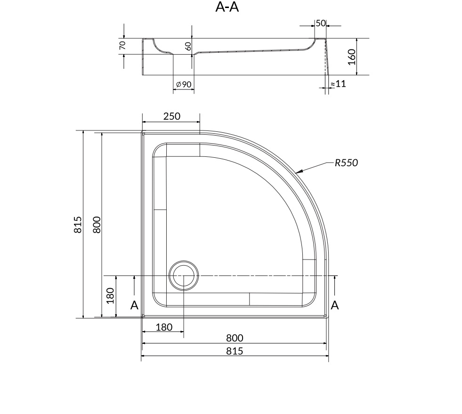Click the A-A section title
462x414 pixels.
(227, 7)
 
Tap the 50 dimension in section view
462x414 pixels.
(321, 23)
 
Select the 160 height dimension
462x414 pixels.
(352, 57)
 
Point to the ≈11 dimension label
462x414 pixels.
(338, 84)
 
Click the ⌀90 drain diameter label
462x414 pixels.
(184, 85)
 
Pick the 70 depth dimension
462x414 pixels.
(122, 45)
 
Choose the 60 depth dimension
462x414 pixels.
(188, 46)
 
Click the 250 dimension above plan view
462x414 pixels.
(172, 116)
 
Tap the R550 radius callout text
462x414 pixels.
(346, 162)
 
